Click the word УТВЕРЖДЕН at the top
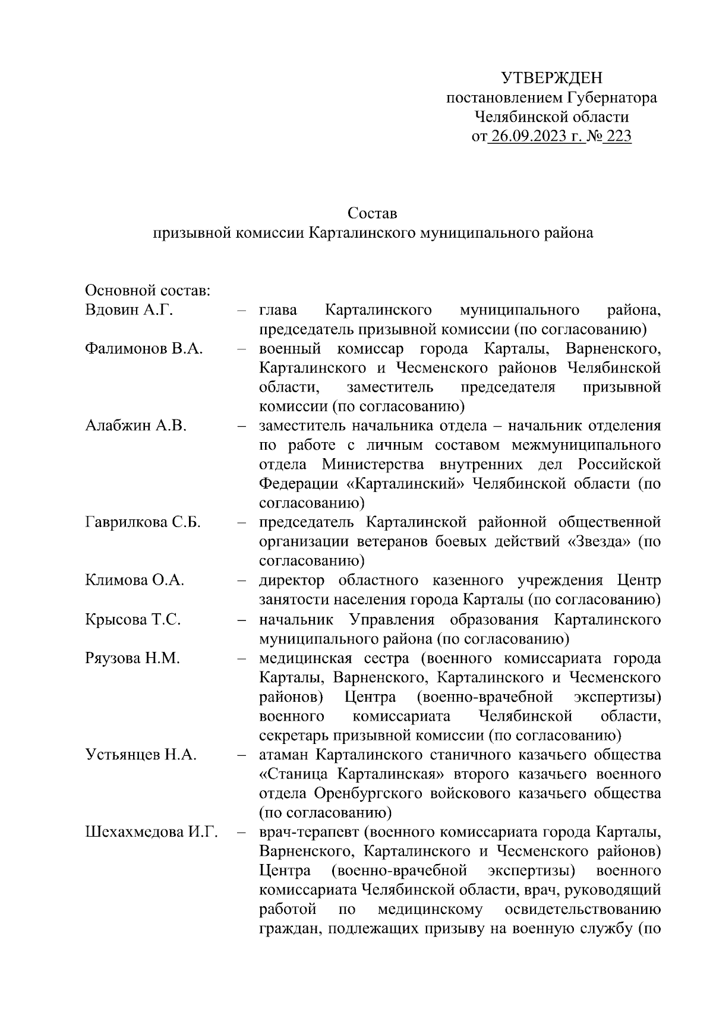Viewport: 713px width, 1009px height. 552,78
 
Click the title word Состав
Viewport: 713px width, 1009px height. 373,213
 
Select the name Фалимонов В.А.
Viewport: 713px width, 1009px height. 144,349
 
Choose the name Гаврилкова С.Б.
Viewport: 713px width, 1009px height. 143,523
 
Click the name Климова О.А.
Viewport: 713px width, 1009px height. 134,581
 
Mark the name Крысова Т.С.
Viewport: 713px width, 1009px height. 132,620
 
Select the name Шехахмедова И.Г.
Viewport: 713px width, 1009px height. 151,833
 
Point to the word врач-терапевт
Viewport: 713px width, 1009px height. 303,833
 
